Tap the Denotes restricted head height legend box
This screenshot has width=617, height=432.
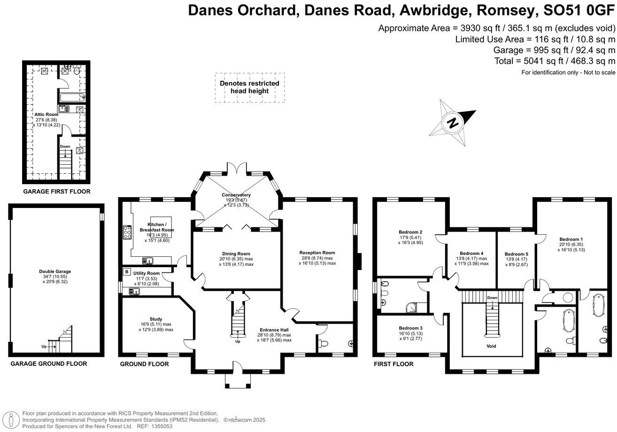click(250, 87)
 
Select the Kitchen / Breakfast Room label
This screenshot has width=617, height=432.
click(160, 227)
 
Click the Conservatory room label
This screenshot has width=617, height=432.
click(236, 195)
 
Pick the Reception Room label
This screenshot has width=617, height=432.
click(317, 253)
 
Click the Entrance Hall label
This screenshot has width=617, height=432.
click(274, 330)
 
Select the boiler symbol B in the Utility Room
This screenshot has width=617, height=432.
click(126, 272)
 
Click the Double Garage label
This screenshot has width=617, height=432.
click(55, 271)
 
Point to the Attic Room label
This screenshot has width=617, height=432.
click(46, 114)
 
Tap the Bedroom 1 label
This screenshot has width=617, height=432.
click(571, 238)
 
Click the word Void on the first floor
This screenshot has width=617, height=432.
click(492, 346)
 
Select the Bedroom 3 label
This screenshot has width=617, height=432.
click(410, 328)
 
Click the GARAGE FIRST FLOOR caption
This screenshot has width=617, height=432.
click(56, 192)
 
